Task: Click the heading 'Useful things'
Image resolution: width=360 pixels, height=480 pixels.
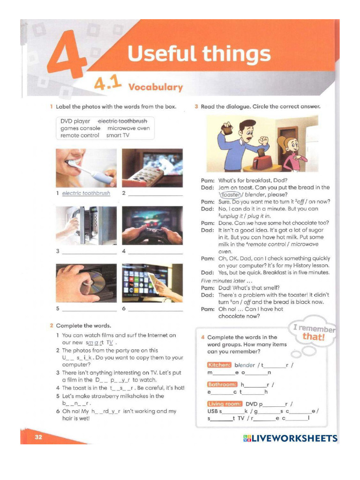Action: coord(199,54)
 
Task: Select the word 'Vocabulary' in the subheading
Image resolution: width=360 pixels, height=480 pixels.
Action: coord(156,87)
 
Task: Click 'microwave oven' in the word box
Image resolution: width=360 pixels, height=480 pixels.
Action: coord(128,128)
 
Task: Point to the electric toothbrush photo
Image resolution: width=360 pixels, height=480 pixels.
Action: coord(86,168)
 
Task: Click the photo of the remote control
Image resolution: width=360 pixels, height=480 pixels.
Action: coord(152,168)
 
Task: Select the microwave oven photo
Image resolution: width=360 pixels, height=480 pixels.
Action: coord(86,225)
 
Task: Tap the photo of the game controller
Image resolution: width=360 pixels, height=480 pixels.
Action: coord(152,225)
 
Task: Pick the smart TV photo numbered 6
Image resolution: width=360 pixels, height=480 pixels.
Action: coord(152,283)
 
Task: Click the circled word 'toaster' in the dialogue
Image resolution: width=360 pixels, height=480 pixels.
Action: coord(231,195)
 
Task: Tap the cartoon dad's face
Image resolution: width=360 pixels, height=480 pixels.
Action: coord(246,131)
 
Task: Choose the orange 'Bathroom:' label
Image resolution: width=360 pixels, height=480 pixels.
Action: coord(223,384)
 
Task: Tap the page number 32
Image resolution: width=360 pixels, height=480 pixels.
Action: coord(38,437)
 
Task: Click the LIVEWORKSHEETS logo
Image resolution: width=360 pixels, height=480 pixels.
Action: coord(290,439)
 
